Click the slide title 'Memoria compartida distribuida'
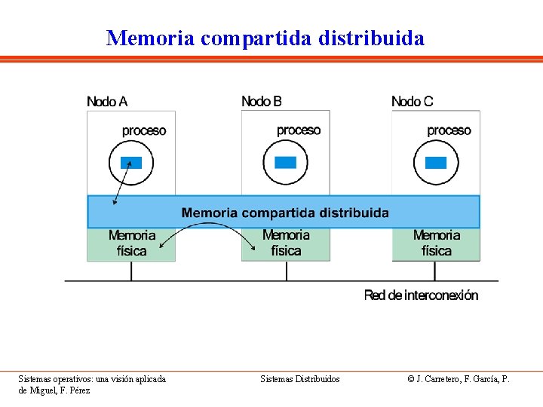pos(265,38)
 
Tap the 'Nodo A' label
pos(107,101)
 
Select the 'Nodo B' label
pos(262,101)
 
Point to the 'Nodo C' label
pos(413,101)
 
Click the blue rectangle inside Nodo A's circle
pos(131,162)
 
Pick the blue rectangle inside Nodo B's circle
pos(286,162)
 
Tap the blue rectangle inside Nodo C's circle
pos(436,162)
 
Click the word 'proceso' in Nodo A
pos(144,130)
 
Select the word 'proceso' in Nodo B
pos(299,130)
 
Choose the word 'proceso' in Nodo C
pos(449,130)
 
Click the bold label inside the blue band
pos(285,213)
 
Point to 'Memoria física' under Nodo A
pos(132,243)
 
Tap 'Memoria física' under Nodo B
pos(286,243)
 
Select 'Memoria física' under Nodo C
pos(436,243)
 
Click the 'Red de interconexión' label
pos(421,295)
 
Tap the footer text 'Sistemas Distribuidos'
pos(300,379)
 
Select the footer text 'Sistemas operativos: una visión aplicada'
pos(92,379)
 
